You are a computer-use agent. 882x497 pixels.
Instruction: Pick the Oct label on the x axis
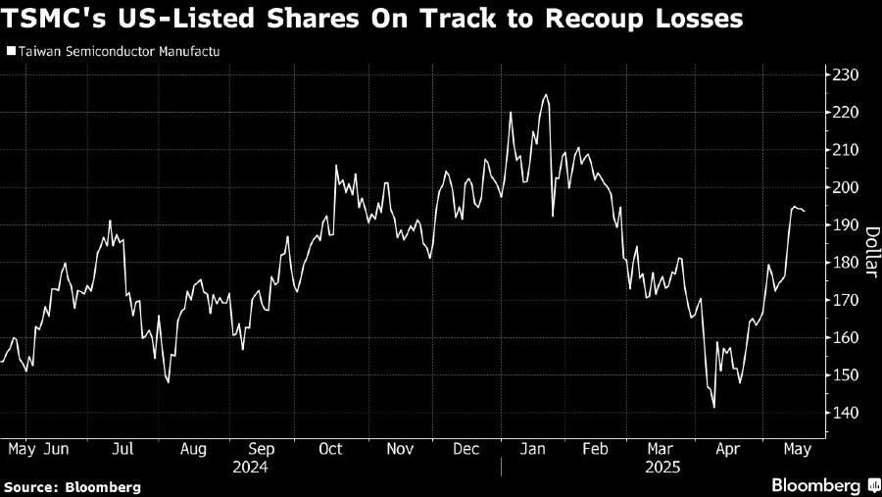[330, 449]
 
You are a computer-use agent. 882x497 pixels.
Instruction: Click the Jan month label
[533, 449]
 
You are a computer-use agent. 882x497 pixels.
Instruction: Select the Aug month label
[193, 449]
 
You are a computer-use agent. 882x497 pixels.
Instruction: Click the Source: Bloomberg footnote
[73, 486]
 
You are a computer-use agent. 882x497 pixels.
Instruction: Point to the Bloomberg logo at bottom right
[820, 485]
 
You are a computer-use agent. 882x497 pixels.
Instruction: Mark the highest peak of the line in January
[545, 95]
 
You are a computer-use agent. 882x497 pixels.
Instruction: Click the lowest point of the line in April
[714, 408]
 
